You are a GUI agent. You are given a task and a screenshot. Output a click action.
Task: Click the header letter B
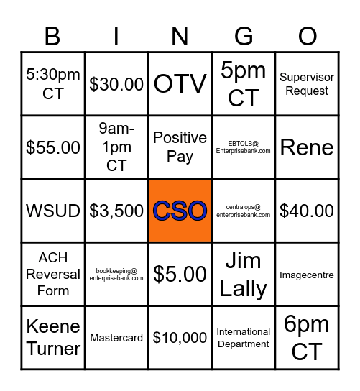(52, 36)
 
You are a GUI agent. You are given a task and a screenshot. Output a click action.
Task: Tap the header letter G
(244, 36)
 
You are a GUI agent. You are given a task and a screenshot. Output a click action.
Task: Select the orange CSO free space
(180, 211)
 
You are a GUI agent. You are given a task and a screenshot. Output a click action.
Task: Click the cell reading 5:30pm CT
(53, 84)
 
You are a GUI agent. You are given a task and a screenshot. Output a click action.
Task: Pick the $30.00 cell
(116, 84)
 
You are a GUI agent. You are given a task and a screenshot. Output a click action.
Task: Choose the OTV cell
(180, 84)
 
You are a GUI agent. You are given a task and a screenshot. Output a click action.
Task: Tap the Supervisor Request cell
(307, 84)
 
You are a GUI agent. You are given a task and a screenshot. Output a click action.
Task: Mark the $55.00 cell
(53, 147)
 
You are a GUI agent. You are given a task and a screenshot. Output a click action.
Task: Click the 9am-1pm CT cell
(116, 147)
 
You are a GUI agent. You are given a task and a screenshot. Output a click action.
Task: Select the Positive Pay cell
(180, 147)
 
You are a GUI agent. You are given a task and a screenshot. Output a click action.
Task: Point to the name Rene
(307, 147)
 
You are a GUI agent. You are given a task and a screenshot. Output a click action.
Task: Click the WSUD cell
(53, 211)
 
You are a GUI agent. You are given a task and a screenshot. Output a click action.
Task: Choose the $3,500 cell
(116, 211)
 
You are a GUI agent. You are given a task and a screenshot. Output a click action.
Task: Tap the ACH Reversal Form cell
(53, 274)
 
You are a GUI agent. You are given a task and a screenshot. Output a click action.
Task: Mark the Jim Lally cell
(244, 274)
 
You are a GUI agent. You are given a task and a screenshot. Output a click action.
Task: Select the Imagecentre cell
(307, 274)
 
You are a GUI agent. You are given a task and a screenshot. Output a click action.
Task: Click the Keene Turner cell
(53, 337)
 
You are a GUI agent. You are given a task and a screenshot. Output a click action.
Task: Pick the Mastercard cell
(116, 337)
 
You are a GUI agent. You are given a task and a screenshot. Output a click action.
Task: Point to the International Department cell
(244, 337)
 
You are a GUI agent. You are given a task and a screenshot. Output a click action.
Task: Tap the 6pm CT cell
(307, 337)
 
